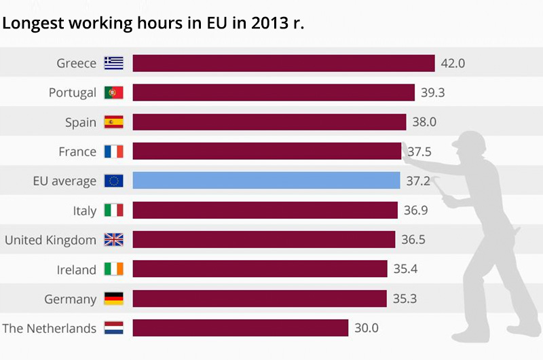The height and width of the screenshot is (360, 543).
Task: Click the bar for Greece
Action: click(x=283, y=63)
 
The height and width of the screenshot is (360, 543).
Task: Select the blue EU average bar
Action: click(x=266, y=181)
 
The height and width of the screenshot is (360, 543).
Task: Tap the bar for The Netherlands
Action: click(x=240, y=328)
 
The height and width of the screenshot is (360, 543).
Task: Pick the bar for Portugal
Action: click(x=274, y=92)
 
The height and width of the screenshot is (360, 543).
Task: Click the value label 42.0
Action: click(x=453, y=63)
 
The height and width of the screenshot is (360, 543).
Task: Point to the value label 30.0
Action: click(x=367, y=328)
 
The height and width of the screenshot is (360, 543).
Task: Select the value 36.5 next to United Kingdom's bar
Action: click(x=413, y=240)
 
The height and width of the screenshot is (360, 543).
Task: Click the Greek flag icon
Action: click(x=113, y=63)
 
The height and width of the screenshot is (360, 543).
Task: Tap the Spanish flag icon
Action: click(x=113, y=122)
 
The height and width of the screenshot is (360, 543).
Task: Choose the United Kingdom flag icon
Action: click(x=113, y=240)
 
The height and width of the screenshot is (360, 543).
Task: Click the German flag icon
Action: click(x=113, y=299)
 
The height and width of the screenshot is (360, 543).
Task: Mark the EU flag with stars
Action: click(x=113, y=181)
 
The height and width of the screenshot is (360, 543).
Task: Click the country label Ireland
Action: click(x=76, y=270)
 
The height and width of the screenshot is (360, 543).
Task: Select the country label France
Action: click(x=77, y=151)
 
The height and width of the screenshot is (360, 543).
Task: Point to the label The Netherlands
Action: click(x=50, y=328)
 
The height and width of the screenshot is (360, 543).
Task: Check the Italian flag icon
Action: click(x=113, y=211)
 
